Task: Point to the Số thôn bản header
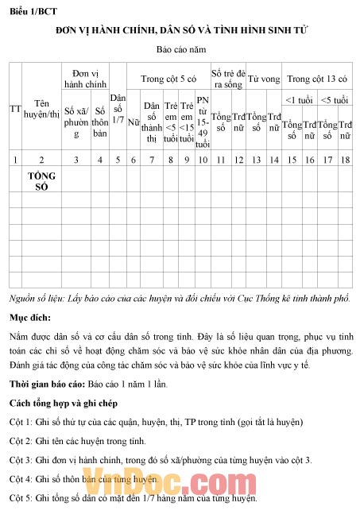click(100, 122)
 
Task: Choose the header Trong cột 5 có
click(168, 79)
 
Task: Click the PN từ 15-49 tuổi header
click(203, 122)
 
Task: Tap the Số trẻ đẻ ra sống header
click(227, 79)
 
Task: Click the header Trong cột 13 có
click(317, 79)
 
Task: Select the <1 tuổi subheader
click(299, 100)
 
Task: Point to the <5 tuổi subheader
click(335, 100)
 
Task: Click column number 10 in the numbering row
click(203, 160)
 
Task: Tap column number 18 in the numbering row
click(345, 160)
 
